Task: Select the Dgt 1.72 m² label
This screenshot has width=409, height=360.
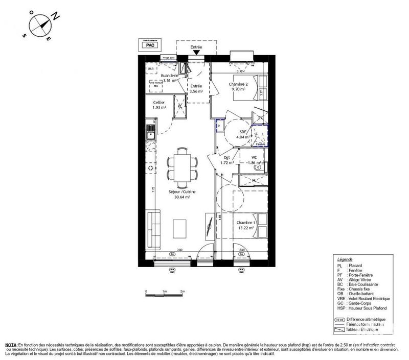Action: [227, 160]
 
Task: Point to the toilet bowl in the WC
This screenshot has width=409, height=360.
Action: [258, 166]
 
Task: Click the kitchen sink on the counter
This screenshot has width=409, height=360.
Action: [151, 135]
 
